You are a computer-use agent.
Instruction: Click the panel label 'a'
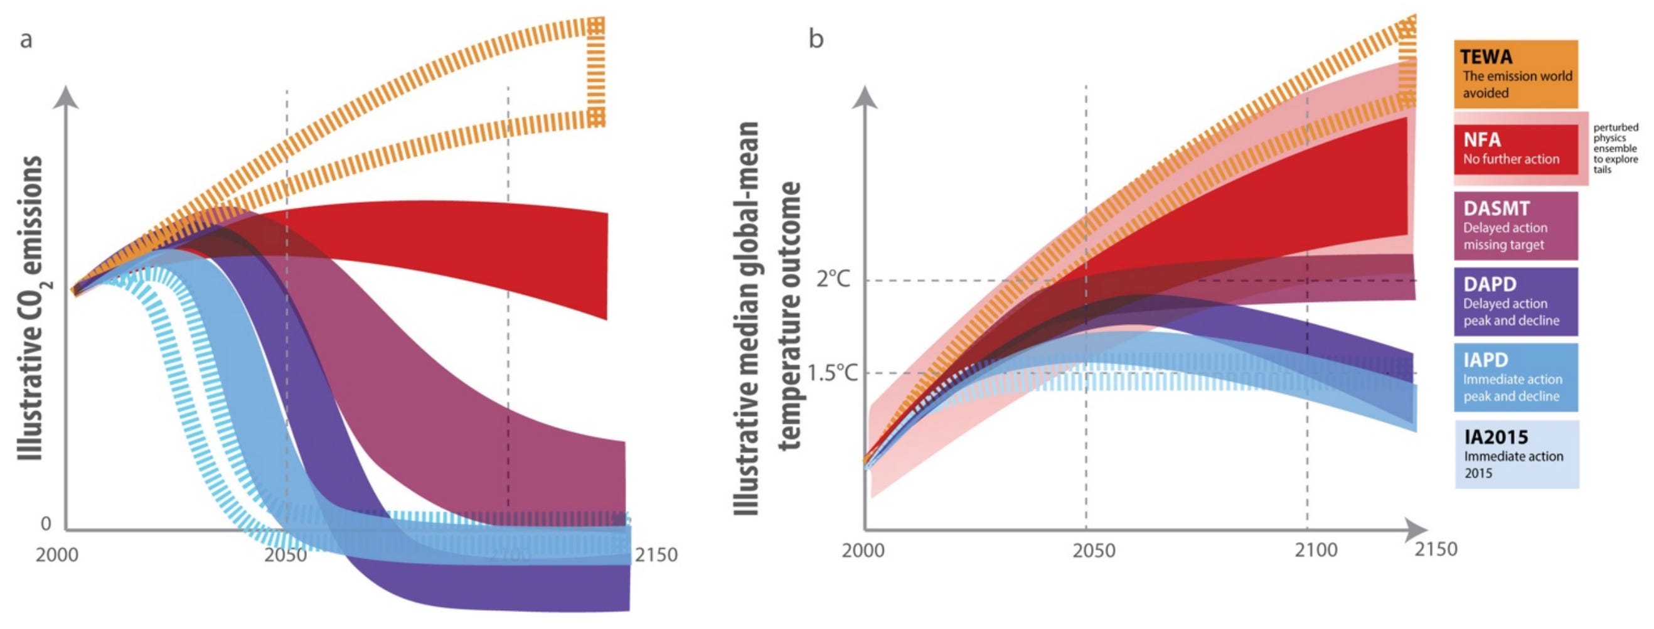[26, 40]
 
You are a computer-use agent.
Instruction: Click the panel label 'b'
[816, 39]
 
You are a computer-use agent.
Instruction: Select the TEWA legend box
[1516, 74]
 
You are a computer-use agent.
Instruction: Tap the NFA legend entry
[1516, 149]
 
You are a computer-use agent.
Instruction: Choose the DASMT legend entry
[1516, 226]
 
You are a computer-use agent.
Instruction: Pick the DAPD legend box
[1516, 302]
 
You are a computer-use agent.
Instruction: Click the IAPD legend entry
[1516, 378]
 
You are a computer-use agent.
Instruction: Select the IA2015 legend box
[1516, 454]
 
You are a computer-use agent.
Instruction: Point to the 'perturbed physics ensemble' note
[1616, 148]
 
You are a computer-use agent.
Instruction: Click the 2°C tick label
[833, 279]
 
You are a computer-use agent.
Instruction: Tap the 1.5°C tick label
[832, 372]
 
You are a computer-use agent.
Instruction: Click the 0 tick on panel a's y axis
[46, 524]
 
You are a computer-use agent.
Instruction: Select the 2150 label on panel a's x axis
[656, 554]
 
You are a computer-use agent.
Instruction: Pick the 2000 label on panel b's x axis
[863, 551]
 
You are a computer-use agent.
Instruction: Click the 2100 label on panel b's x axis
[1316, 550]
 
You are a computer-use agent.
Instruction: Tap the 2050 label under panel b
[1094, 551]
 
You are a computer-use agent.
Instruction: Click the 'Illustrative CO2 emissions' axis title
[30, 308]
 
